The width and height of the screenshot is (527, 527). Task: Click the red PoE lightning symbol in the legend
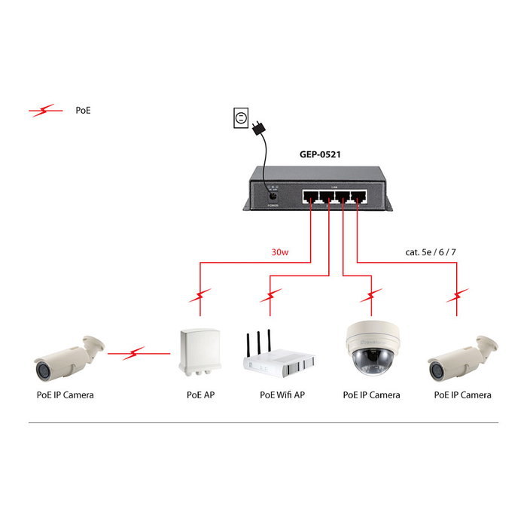click(x=46, y=111)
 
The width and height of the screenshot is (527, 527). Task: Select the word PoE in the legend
click(x=84, y=111)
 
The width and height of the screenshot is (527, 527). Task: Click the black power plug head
click(x=260, y=129)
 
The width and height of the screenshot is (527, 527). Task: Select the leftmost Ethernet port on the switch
click(x=310, y=197)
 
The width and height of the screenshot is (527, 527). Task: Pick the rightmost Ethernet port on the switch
click(x=362, y=197)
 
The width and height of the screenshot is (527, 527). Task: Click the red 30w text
click(x=279, y=252)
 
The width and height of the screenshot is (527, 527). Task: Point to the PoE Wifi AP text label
click(x=282, y=394)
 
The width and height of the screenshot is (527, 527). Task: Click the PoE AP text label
click(x=200, y=394)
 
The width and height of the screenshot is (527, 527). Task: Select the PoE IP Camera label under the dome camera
click(x=371, y=394)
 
